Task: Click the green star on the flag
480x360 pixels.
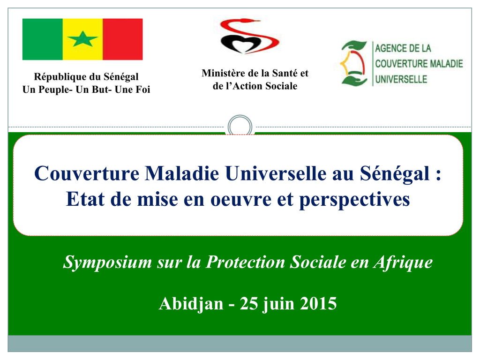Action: tap(82, 39)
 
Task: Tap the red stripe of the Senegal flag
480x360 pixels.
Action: tap(123, 39)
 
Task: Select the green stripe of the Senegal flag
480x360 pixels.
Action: tap(43, 39)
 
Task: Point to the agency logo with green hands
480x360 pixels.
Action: tap(354, 63)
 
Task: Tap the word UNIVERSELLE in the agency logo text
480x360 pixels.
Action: tap(401, 79)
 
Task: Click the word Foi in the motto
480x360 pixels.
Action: tap(143, 90)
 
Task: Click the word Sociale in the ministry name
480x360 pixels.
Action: tap(281, 86)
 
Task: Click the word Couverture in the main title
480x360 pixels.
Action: tap(87, 173)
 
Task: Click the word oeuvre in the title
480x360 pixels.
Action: tap(241, 199)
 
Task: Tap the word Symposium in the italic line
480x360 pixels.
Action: tap(107, 263)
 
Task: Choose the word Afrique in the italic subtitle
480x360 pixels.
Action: tap(403, 263)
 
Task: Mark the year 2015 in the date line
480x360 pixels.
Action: tap(318, 304)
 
